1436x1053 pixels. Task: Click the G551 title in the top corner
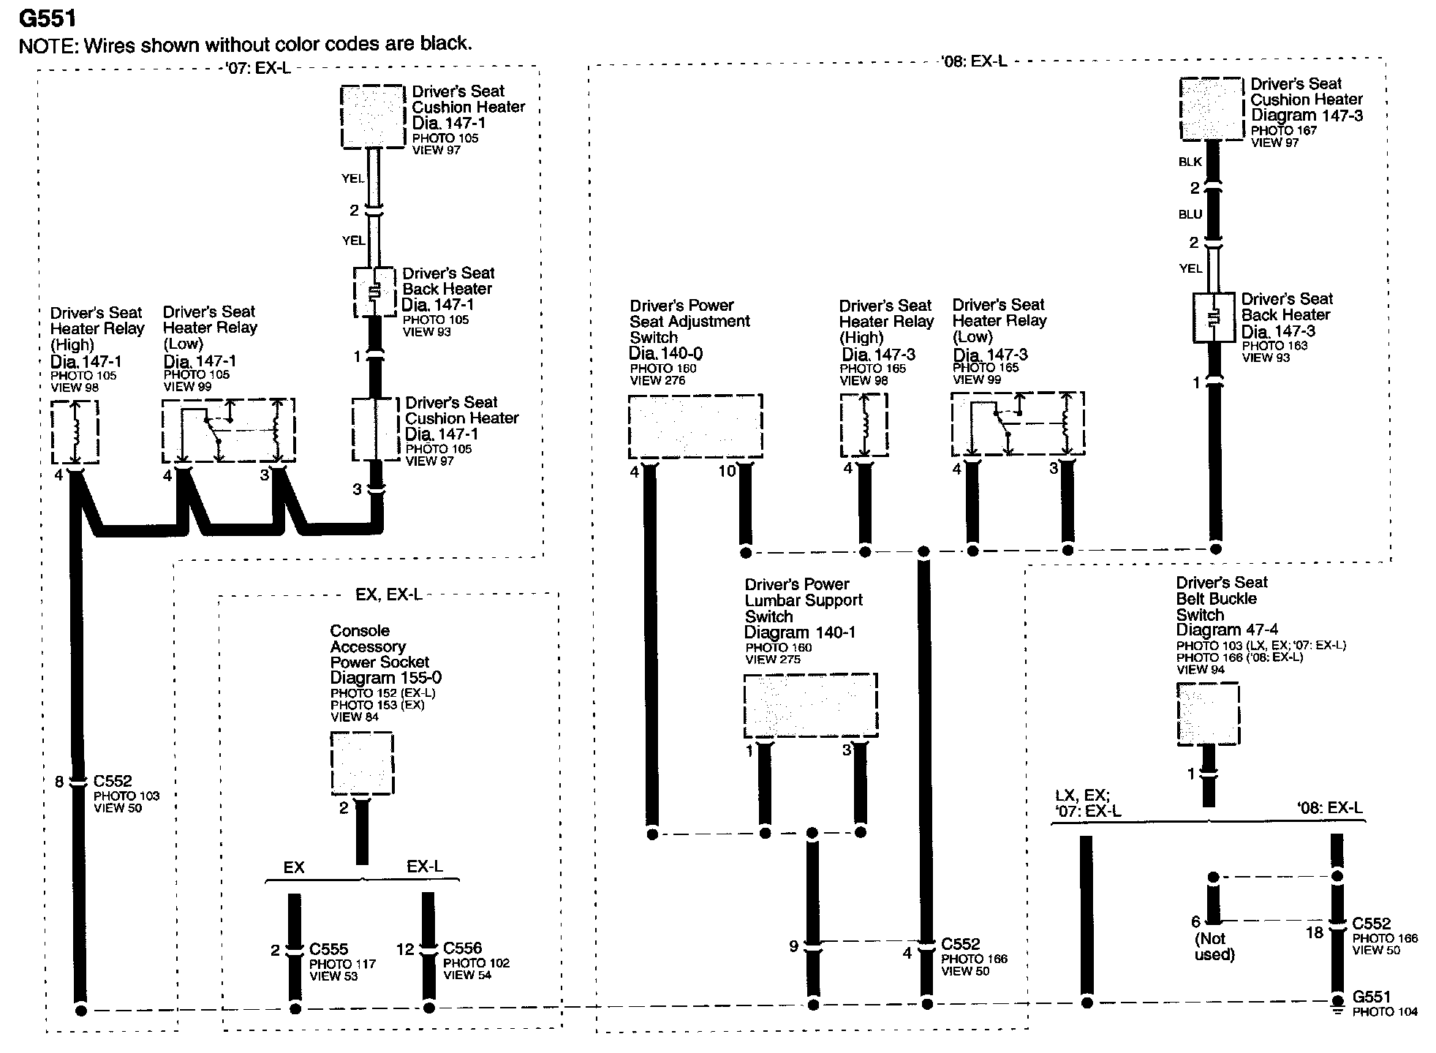point(48,18)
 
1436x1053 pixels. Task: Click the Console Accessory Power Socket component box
point(362,763)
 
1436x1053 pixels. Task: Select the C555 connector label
point(328,949)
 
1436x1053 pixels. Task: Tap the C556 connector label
point(462,948)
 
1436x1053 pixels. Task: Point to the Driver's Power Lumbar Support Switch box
point(810,705)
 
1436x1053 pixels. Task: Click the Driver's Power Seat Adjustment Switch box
point(695,427)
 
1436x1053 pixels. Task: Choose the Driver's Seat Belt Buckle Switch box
point(1207,714)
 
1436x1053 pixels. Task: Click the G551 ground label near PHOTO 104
point(1372,997)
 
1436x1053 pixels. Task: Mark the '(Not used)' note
point(1214,947)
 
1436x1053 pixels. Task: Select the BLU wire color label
point(1190,214)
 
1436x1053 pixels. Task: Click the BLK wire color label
point(1190,162)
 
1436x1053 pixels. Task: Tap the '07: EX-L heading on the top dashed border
point(260,69)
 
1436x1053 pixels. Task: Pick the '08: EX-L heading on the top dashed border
point(973,61)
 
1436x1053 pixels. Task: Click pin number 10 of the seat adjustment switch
point(726,472)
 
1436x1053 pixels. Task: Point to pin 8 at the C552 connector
point(60,782)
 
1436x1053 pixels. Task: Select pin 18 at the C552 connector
point(1315,933)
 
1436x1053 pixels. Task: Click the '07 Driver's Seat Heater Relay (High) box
point(75,431)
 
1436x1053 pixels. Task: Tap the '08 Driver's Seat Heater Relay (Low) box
point(1017,424)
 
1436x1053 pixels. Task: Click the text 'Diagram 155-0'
point(385,678)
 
